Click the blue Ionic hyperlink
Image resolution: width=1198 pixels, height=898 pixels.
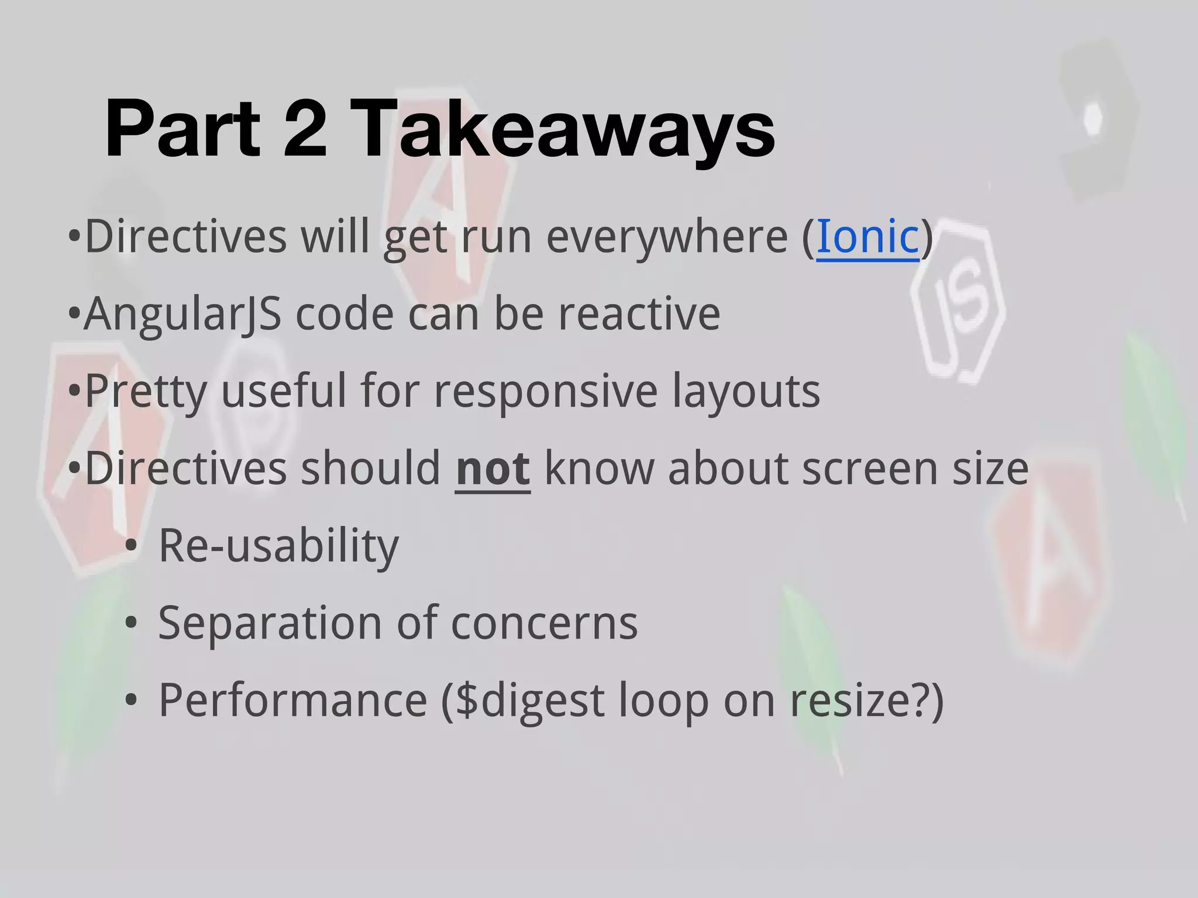(x=867, y=237)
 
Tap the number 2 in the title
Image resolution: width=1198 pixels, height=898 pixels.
(x=305, y=129)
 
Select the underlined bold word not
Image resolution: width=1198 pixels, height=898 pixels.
(x=493, y=469)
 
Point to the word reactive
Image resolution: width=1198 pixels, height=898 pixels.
(x=639, y=315)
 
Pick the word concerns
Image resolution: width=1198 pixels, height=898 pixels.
(x=544, y=623)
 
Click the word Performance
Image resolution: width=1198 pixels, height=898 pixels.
(x=293, y=700)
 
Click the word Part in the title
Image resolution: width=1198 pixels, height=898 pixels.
(x=182, y=129)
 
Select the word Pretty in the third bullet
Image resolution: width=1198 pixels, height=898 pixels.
(x=146, y=392)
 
